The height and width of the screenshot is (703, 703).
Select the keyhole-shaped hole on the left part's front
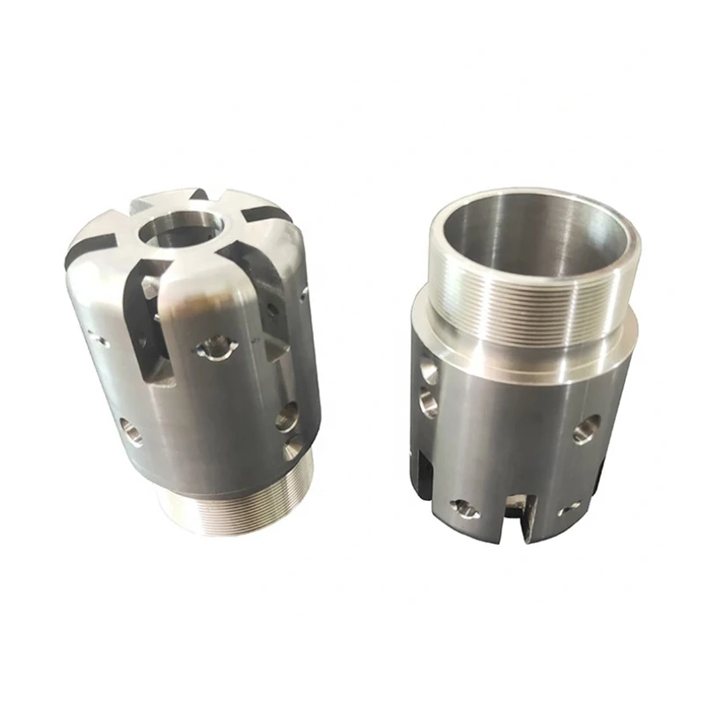coord(214,349)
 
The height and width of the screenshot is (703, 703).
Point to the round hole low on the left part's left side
coord(131,431)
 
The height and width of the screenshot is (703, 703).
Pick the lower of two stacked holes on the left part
coord(293,449)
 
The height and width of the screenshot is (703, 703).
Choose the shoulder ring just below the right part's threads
coord(518,351)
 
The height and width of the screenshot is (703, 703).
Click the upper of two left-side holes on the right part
coord(426,366)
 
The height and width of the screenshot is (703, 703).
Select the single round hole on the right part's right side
coord(583,431)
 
